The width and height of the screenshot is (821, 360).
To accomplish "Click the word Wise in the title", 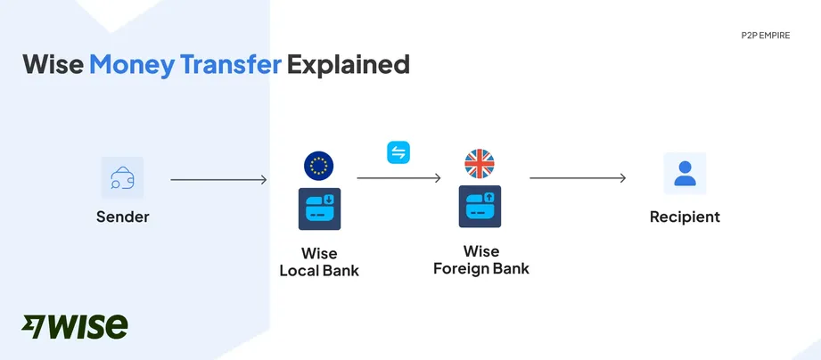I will tap(53, 64).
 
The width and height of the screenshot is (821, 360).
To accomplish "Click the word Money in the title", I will tap(131, 64).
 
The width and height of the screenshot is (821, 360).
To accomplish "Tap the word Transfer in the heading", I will tap(230, 64).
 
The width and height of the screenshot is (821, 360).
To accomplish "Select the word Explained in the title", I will tap(349, 64).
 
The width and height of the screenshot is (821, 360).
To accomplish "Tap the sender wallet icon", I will tap(122, 178).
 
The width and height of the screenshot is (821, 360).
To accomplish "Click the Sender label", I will tap(123, 217).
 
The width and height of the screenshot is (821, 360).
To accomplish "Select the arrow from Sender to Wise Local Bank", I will tap(218, 180).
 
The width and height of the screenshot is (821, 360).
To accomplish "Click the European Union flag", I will tap(318, 166).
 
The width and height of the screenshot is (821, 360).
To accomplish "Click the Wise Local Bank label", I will tap(319, 262).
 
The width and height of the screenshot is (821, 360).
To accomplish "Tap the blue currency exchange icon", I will tap(398, 152).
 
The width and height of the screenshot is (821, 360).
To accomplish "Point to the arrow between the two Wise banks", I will tap(398, 178).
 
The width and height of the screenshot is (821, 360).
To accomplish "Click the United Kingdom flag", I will tap(480, 164).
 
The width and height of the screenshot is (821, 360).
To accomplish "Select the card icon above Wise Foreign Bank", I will tap(480, 207).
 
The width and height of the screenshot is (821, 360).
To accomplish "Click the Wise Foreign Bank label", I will tap(480, 259).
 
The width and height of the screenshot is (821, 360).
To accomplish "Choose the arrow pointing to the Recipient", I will tap(578, 178).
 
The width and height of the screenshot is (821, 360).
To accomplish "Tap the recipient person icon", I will tap(685, 174).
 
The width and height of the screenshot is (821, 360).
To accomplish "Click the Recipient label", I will tap(685, 217).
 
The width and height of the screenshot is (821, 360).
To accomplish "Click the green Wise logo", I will tap(75, 326).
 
